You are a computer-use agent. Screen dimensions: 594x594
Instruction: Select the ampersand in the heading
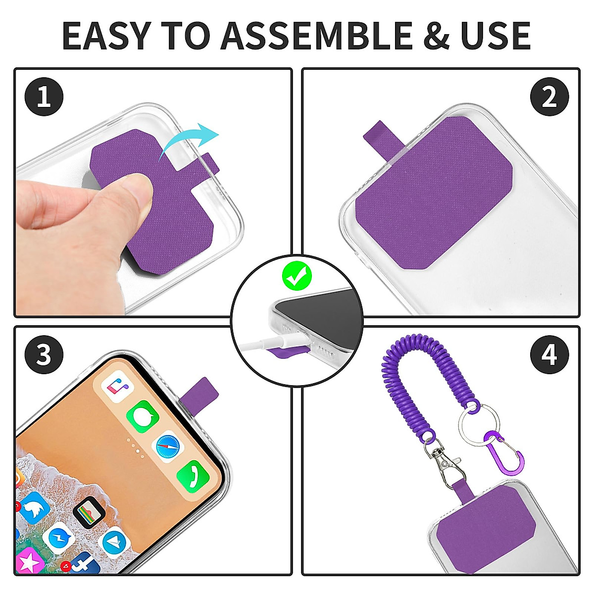tap(436, 36)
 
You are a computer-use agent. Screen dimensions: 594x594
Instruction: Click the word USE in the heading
tap(495, 36)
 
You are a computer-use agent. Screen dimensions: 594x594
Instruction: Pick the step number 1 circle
tap(44, 97)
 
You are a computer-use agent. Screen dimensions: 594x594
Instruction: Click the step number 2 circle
tap(549, 97)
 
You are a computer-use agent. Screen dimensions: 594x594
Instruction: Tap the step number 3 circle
tap(44, 355)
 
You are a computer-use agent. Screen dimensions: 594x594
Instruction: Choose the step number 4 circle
tap(549, 355)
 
